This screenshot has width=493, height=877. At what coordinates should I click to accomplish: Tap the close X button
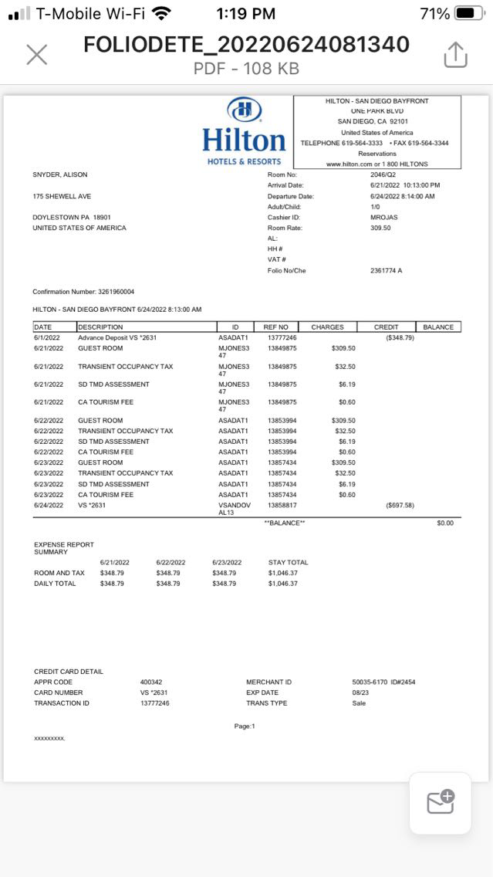(x=37, y=54)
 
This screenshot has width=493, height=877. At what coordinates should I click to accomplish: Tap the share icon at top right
(x=456, y=54)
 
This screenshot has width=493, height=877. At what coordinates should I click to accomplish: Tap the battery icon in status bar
(x=469, y=13)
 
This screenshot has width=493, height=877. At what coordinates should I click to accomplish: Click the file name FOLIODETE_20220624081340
(x=246, y=45)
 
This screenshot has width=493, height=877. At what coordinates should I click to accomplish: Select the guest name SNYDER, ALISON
(x=59, y=174)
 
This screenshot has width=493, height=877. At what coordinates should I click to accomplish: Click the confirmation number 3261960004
(x=116, y=292)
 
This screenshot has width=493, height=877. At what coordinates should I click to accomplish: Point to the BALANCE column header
(x=438, y=327)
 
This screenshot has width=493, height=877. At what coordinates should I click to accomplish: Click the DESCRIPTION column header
(x=100, y=327)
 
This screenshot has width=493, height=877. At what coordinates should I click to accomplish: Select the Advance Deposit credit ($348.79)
(x=400, y=337)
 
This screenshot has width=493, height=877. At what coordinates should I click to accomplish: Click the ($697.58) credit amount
(x=400, y=506)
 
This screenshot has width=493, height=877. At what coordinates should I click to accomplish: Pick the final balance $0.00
(x=445, y=523)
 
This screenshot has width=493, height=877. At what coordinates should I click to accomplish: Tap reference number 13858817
(x=282, y=506)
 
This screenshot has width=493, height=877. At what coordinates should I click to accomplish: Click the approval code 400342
(x=151, y=682)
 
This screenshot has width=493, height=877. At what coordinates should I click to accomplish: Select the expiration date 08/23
(x=359, y=692)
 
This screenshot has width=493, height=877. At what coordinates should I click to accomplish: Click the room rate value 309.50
(x=380, y=228)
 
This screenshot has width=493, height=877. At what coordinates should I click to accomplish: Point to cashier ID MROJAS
(x=383, y=217)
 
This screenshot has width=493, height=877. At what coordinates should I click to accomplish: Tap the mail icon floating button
(x=440, y=803)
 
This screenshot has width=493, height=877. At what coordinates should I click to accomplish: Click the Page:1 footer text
(x=245, y=726)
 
